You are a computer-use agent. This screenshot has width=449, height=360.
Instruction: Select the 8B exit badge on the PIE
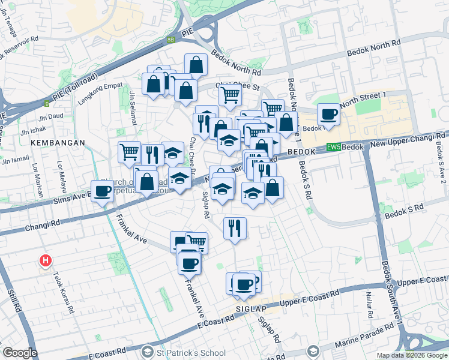pyautogui.click(x=171, y=40)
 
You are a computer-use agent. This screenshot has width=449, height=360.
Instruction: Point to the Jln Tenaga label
pyautogui.click(x=11, y=22)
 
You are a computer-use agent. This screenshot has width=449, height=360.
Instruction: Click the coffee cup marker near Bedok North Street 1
pyautogui.click(x=328, y=114)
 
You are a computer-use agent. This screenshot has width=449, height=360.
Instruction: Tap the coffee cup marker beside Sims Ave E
pyautogui.click(x=103, y=191)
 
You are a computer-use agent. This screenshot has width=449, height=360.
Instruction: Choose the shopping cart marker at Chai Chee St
pyautogui.click(x=230, y=94)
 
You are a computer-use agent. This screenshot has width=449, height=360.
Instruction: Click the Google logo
pyautogui.click(x=20, y=353)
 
